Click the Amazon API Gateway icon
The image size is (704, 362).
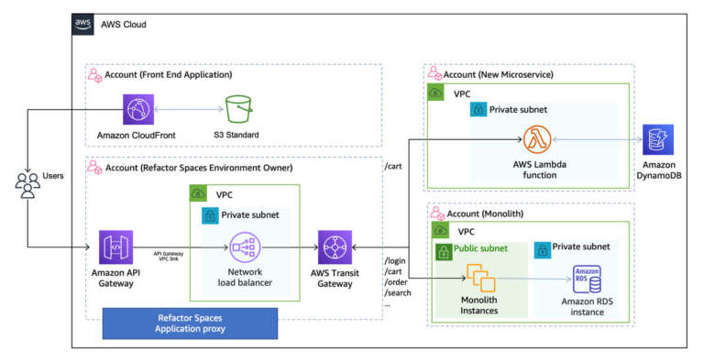coord(115,247)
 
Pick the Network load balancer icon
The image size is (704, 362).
coord(245,247)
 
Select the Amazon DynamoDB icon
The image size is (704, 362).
coord(658,140)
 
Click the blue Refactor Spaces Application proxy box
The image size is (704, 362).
coord(191,323)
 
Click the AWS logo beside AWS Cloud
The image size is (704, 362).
coord(82,24)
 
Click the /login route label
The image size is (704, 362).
coord(396,261)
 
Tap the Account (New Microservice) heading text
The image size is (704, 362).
coord(501,73)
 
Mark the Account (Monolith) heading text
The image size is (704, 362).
coord(487,212)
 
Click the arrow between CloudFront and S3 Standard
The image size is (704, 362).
coord(191,110)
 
